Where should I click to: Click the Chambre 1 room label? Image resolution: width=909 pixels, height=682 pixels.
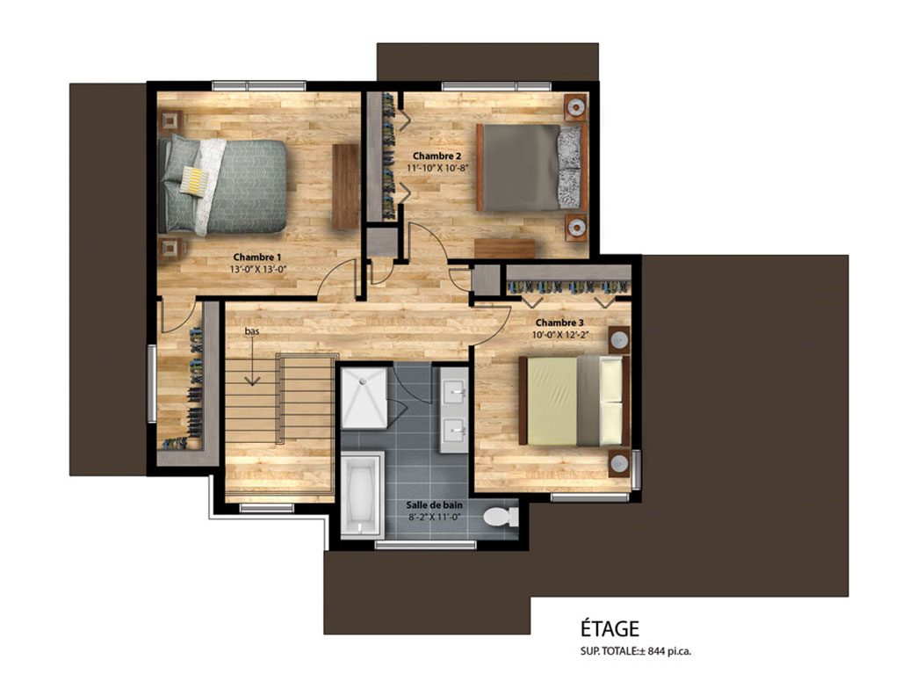(x=257, y=257)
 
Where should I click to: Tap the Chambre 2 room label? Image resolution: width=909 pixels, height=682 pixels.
(x=437, y=156)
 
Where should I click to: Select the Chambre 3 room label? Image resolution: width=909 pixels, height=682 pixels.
(x=559, y=323)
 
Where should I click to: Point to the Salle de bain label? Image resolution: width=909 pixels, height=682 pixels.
(x=434, y=505)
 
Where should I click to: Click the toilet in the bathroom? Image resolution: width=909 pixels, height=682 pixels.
(x=501, y=516)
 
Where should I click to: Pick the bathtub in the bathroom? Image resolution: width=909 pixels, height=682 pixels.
(x=362, y=495)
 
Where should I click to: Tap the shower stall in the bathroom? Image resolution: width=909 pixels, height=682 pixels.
(x=364, y=398)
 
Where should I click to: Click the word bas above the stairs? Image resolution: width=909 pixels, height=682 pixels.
(x=251, y=331)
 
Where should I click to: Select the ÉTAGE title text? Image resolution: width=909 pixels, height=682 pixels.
(x=610, y=628)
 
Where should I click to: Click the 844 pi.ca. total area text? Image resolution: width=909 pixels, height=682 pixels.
(x=667, y=651)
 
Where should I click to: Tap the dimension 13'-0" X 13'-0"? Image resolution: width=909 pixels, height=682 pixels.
(x=258, y=269)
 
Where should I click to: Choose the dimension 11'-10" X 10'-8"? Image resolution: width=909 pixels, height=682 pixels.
(x=437, y=168)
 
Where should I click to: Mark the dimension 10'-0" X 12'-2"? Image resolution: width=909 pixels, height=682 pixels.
(x=560, y=335)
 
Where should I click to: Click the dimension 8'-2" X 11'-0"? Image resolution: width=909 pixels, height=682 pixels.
(x=434, y=518)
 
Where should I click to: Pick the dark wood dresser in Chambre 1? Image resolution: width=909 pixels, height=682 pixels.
(x=345, y=185)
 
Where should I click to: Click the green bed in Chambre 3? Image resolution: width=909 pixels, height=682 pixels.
(x=574, y=401)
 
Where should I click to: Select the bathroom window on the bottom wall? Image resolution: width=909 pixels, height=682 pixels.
(x=425, y=545)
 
